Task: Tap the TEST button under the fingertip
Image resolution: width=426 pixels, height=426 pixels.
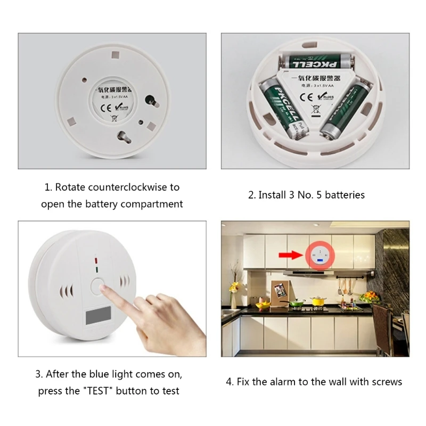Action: tap(97, 285)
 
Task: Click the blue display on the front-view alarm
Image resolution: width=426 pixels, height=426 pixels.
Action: tap(99, 318)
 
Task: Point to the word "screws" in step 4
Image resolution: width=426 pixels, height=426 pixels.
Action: tap(385, 382)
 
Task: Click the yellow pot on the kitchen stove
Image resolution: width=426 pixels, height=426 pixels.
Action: tap(318, 302)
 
